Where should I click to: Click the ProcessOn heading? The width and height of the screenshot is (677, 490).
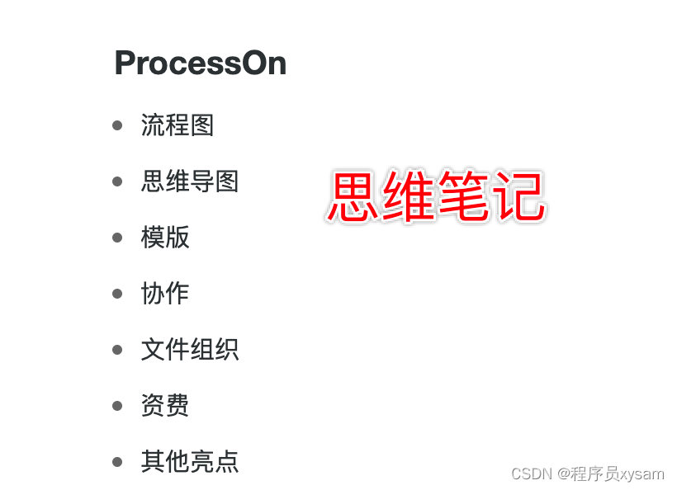coord(200,64)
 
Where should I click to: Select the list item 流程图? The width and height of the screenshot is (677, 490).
coord(178,125)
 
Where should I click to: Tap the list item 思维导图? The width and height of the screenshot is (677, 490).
coord(190,181)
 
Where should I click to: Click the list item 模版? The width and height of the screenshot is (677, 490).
coord(165,238)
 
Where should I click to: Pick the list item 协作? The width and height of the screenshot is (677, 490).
coord(165,294)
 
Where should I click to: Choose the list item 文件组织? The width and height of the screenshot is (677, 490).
coord(190,350)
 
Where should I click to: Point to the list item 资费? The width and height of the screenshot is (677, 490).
coord(165,406)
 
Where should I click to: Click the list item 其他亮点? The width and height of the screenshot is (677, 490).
coord(190,462)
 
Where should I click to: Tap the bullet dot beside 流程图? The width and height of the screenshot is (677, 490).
coord(117,125)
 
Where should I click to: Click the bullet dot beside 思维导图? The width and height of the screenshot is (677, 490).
coord(117,181)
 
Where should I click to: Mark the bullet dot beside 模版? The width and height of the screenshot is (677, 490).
coord(117,238)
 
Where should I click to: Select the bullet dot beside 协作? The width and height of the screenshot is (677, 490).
coord(117,294)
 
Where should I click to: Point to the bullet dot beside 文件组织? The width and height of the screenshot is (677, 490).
coord(117,350)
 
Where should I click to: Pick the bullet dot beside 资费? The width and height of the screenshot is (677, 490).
coord(117,406)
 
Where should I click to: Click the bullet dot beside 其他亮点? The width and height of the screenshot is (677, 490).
coord(117,462)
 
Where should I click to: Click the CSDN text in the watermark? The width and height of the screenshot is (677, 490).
coord(532,474)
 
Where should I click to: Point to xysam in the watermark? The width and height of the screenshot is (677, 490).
coord(642,474)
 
